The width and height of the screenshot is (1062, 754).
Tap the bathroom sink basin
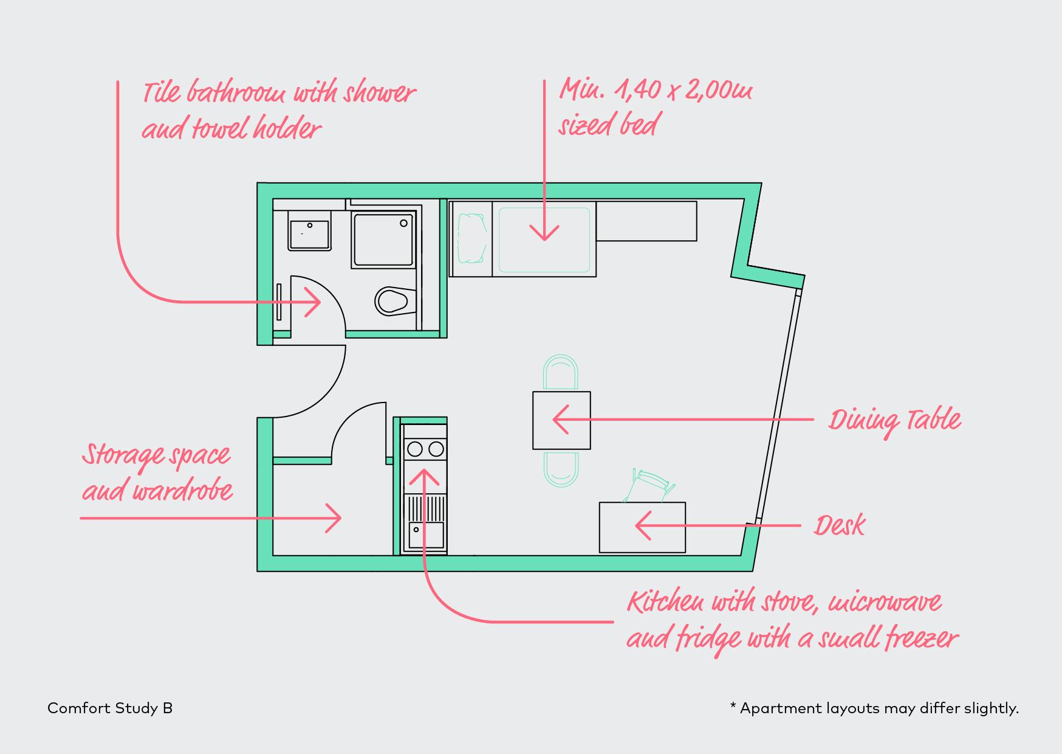pos(309,235)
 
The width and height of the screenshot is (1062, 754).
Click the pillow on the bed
pos(472,238)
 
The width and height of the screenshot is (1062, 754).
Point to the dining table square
pos(561,420)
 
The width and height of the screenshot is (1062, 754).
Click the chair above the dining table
pos(560,372)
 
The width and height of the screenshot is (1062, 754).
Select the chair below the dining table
pos(561,469)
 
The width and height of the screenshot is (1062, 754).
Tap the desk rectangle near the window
pos(642,527)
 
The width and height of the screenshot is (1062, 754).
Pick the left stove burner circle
pos(415,449)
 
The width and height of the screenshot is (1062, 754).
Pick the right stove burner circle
pos(436,449)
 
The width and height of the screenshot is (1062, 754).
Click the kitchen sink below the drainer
pos(426,536)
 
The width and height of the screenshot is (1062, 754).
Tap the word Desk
pos(840,525)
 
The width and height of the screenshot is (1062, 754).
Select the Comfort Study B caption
pos(110,708)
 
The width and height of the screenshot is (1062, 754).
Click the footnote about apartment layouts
pos(874,708)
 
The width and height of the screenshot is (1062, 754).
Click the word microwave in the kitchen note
pos(885,603)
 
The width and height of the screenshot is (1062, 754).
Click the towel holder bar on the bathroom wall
pos(279,302)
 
